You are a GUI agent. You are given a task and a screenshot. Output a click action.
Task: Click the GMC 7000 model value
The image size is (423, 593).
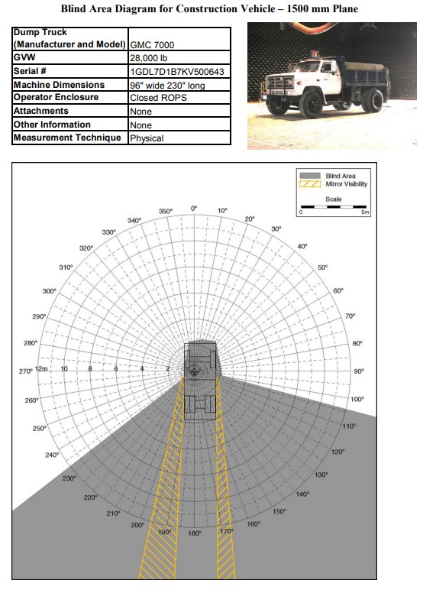[152, 45]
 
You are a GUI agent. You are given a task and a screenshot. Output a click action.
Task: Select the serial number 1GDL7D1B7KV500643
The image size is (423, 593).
[177, 72]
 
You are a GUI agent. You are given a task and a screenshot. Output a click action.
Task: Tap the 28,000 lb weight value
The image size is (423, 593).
[149, 58]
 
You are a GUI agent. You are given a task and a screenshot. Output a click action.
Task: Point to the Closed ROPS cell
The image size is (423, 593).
[158, 98]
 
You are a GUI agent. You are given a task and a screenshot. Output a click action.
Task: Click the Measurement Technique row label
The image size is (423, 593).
[67, 138]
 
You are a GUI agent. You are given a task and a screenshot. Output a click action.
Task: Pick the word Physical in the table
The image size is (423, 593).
[147, 138]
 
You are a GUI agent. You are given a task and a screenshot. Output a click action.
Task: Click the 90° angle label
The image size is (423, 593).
[359, 371]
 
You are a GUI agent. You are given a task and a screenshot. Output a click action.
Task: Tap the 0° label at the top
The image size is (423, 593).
[194, 209]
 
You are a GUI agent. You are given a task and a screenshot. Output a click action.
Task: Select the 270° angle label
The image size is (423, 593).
[26, 371]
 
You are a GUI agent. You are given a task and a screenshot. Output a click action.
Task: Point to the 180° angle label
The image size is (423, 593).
[195, 533]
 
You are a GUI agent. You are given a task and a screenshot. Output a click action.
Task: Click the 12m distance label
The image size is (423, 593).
[41, 369]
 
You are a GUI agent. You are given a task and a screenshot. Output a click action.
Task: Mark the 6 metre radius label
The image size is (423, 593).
[116, 369]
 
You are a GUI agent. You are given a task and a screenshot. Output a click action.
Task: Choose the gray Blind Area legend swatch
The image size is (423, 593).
[310, 176]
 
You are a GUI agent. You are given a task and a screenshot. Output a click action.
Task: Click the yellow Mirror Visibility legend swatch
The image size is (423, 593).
[310, 184]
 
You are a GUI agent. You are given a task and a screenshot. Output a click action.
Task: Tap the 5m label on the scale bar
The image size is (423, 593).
[365, 212]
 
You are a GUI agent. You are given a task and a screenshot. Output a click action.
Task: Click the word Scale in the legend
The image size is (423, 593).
[334, 199]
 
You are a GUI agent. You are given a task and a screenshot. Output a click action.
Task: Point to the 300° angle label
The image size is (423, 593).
[49, 291]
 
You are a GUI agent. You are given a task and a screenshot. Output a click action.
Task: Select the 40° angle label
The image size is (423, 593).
[302, 246]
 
